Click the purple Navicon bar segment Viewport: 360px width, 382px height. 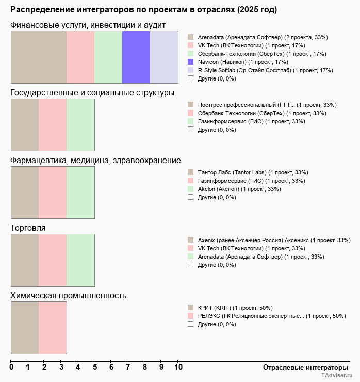pyautogui.click(x=136, y=57)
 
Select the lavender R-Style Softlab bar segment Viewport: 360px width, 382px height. pyautogui.click(x=164, y=57)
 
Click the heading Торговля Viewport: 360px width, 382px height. pyautogui.click(x=28, y=228)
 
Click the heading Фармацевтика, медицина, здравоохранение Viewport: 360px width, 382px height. pyautogui.click(x=95, y=161)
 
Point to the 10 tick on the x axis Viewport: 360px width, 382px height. pyautogui.click(x=178, y=368)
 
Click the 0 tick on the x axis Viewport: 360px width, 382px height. pyautogui.click(x=11, y=368)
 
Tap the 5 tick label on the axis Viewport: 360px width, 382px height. pyautogui.click(x=95, y=368)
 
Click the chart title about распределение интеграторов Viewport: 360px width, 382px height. pyautogui.click(x=143, y=10)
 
